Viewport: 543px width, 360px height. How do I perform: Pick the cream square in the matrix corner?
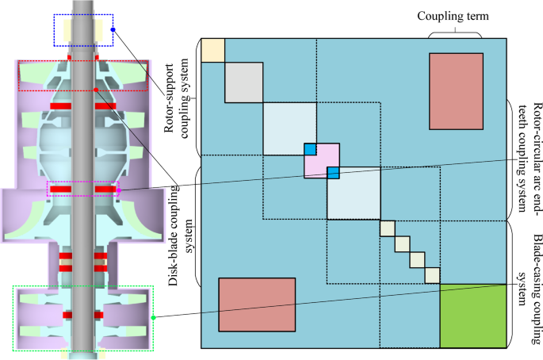pyautogui.click(x=212, y=49)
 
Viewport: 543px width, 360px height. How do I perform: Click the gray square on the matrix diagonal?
pyautogui.click(x=243, y=82)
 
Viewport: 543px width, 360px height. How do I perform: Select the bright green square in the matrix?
pyautogui.click(x=472, y=316)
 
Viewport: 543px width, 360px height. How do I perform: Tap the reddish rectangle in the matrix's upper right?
pyautogui.click(x=455, y=90)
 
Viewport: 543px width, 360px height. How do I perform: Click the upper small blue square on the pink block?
pyautogui.click(x=311, y=149)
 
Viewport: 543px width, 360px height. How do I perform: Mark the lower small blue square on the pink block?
pyautogui.click(x=334, y=173)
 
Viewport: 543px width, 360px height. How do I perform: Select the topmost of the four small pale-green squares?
pyautogui.click(x=387, y=228)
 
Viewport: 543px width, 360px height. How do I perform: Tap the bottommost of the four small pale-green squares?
pyautogui.click(x=432, y=275)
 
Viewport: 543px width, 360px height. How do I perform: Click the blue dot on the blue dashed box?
pyautogui.click(x=113, y=30)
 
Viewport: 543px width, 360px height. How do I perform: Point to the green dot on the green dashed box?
pyautogui.click(x=155, y=318)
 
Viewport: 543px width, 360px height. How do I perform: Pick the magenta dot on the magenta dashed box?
pyautogui.click(x=118, y=190)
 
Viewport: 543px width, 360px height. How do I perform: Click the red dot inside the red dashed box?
pyautogui.click(x=97, y=90)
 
